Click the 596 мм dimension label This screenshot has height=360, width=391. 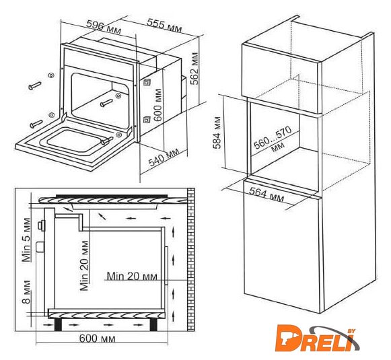tap(104, 27)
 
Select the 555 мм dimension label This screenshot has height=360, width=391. tap(164, 26)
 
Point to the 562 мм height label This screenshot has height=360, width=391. tap(196, 69)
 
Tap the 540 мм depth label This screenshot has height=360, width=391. tap(164, 157)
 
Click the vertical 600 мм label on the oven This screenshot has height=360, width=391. tap(158, 105)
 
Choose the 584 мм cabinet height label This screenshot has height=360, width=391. tap(217, 133)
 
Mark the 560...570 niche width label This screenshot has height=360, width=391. tap(273, 139)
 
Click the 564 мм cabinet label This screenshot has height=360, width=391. tap(266, 195)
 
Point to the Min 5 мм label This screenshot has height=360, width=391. tap(26, 240)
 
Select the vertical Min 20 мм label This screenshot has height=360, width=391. tap(85, 266)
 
